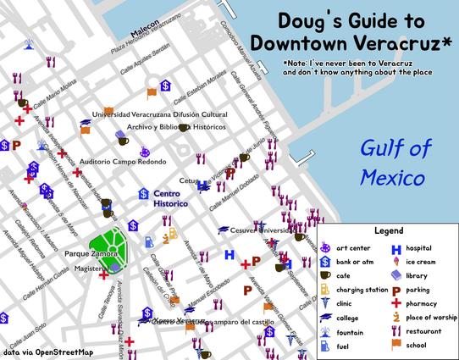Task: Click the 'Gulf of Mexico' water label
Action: [391, 164]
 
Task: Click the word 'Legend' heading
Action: [388, 230]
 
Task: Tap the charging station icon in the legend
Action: [326, 290]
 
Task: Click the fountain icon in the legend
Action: [326, 331]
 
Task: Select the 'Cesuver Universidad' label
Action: [263, 230]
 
